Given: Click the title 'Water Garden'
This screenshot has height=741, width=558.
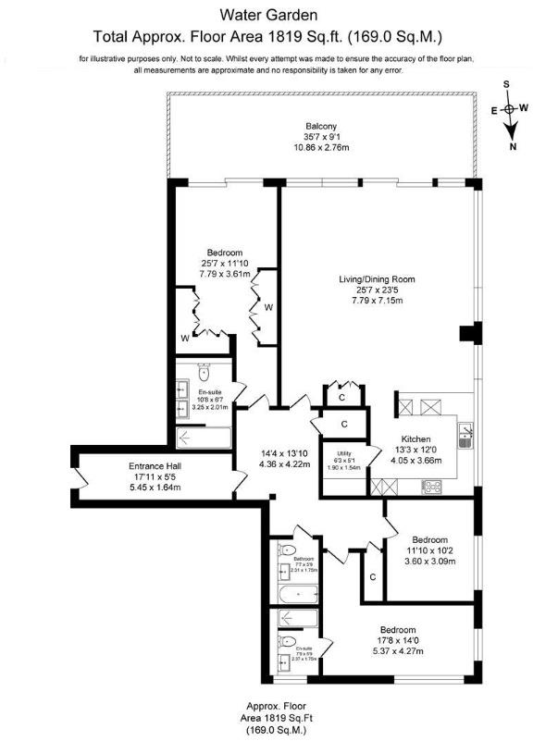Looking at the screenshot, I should click(x=269, y=15).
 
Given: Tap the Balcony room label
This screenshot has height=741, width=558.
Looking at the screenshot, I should click(x=321, y=126).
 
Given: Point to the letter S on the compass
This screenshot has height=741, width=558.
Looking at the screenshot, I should click(x=506, y=83).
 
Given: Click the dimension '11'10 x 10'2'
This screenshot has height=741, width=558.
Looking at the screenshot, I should click(x=429, y=550).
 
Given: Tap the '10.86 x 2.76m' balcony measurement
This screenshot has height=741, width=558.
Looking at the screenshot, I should click(x=321, y=148).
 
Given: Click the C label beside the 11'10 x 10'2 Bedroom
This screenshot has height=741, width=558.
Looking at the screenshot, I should click(x=372, y=577).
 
